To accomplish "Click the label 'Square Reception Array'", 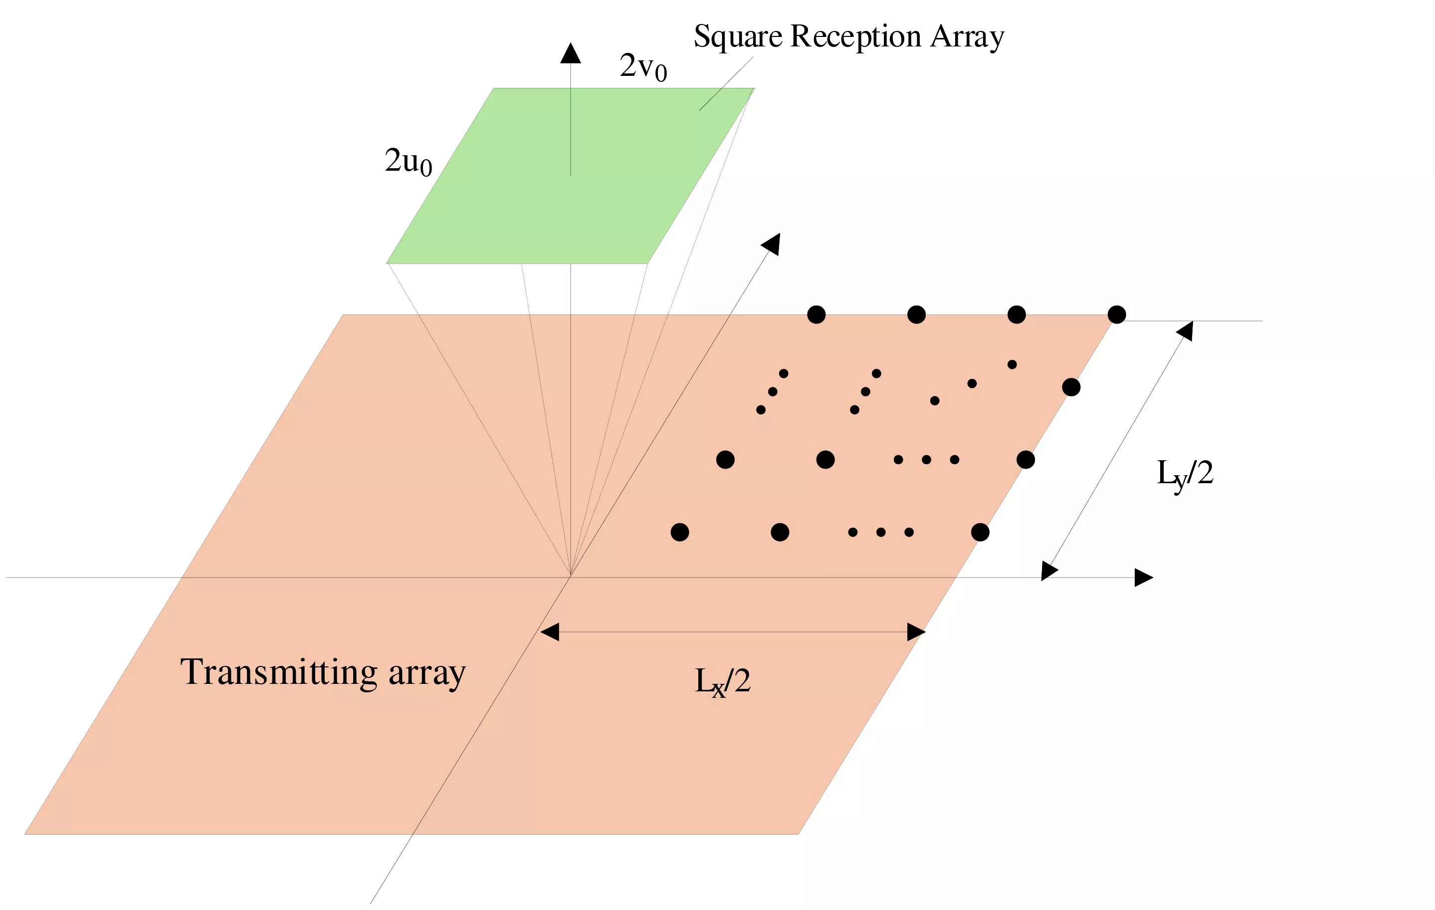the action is pyautogui.click(x=848, y=36).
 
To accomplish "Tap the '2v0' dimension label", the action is pyautogui.click(x=643, y=67).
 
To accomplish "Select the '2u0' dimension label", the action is pyautogui.click(x=408, y=162).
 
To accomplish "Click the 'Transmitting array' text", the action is pyautogui.click(x=323, y=673).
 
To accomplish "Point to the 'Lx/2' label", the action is pyautogui.click(x=722, y=681).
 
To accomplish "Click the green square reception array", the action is pyautogui.click(x=570, y=176).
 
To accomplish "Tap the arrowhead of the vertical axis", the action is pyautogui.click(x=570, y=53).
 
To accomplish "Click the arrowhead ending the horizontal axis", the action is pyautogui.click(x=1144, y=577).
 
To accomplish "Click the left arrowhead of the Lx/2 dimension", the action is pyautogui.click(x=550, y=631).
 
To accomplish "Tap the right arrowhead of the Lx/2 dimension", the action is pyautogui.click(x=916, y=631).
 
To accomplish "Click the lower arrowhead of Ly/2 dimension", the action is pyautogui.click(x=1048, y=571).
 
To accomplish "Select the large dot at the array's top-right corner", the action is pyautogui.click(x=1117, y=314).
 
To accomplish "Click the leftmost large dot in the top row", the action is pyautogui.click(x=817, y=314).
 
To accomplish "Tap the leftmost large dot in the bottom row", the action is pyautogui.click(x=680, y=532).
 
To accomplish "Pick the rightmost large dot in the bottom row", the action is pyautogui.click(x=980, y=532).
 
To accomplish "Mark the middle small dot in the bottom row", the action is pyautogui.click(x=881, y=532).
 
